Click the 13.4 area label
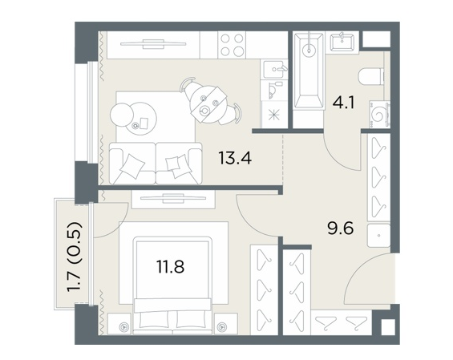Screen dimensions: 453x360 (x=235, y=158)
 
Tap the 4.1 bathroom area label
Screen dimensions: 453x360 (x=343, y=103)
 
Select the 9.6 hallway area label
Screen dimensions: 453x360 (x=340, y=229)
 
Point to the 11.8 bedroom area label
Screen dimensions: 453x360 (x=171, y=266)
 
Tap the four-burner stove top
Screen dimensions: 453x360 (x=232, y=45)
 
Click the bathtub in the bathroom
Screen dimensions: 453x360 (x=308, y=71)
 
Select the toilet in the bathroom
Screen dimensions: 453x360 (x=371, y=76)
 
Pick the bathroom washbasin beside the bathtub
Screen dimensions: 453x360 (x=342, y=42)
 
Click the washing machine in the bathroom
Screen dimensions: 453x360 (x=379, y=114)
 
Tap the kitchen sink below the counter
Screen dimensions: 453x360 (x=274, y=69)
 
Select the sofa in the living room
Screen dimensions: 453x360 (x=156, y=164)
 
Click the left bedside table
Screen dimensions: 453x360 (x=120, y=324)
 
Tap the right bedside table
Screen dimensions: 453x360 (x=225, y=324)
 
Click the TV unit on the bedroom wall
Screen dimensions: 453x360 (x=173, y=199)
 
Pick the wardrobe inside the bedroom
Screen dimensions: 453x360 (x=264, y=289)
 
